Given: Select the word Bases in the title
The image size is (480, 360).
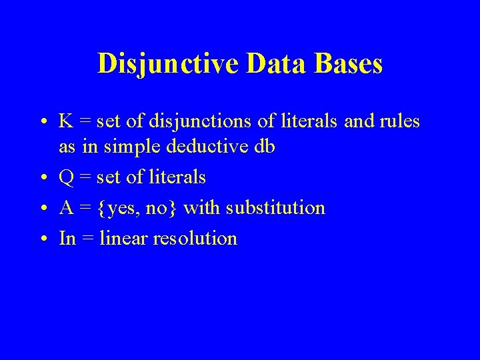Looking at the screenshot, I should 348,64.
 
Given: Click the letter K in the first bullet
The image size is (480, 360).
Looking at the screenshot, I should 66,121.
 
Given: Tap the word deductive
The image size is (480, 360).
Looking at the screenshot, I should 207,147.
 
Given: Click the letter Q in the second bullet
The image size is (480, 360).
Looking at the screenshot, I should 67,178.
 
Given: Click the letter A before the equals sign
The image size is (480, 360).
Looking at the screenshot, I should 66,208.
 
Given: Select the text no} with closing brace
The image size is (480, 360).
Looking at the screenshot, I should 162,209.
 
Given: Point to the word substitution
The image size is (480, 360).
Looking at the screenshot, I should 275,208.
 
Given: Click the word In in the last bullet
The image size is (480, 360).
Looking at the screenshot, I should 67,238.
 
